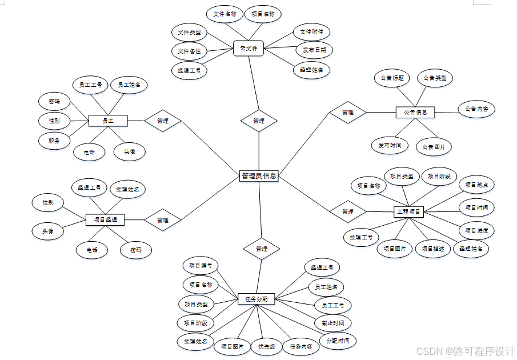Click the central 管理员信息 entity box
tap(259, 176)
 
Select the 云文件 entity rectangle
tap(247, 49)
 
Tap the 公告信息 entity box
tap(415, 113)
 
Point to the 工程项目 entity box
tap(408, 212)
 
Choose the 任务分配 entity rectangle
tap(256, 299)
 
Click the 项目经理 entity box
tap(105, 220)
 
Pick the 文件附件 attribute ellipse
tap(312, 32)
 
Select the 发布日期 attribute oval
tap(314, 50)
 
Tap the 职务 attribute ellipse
tap(54, 140)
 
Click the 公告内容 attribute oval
tap(476, 109)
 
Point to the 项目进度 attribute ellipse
tap(476, 231)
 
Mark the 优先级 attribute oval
tap(267, 346)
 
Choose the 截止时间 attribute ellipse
tap(332, 323)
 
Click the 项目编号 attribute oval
tap(201, 266)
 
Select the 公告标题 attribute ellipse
tap(391, 78)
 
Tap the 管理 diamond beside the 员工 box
tap(163, 121)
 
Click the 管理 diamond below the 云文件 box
tap(259, 121)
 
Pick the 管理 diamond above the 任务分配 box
tap(262, 249)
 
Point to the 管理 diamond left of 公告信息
tap(347, 113)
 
